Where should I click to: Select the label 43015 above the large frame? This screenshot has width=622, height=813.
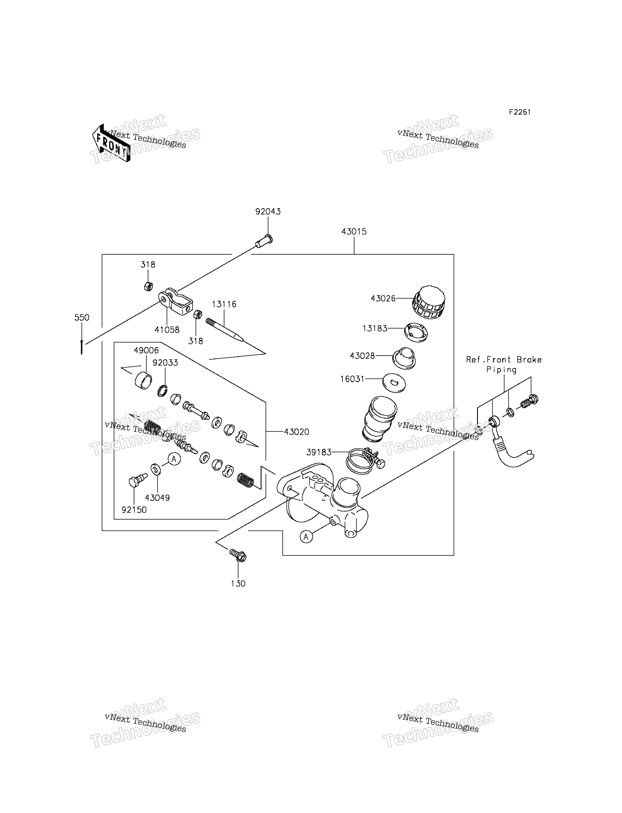(x=354, y=232)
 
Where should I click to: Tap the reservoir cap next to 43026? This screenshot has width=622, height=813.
(x=428, y=302)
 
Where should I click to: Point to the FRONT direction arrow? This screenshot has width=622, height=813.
(x=111, y=143)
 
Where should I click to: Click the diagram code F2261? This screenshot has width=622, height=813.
(x=520, y=112)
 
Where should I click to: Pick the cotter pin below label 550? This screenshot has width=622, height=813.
(x=81, y=347)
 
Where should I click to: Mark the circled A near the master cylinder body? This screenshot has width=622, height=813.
(x=306, y=536)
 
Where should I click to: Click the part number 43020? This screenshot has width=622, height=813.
(x=297, y=432)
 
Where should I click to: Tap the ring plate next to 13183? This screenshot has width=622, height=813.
(x=416, y=332)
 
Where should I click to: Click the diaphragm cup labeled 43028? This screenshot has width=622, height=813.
(x=404, y=358)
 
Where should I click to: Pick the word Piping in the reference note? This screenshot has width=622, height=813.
(x=501, y=370)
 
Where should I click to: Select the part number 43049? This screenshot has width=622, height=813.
(x=157, y=498)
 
